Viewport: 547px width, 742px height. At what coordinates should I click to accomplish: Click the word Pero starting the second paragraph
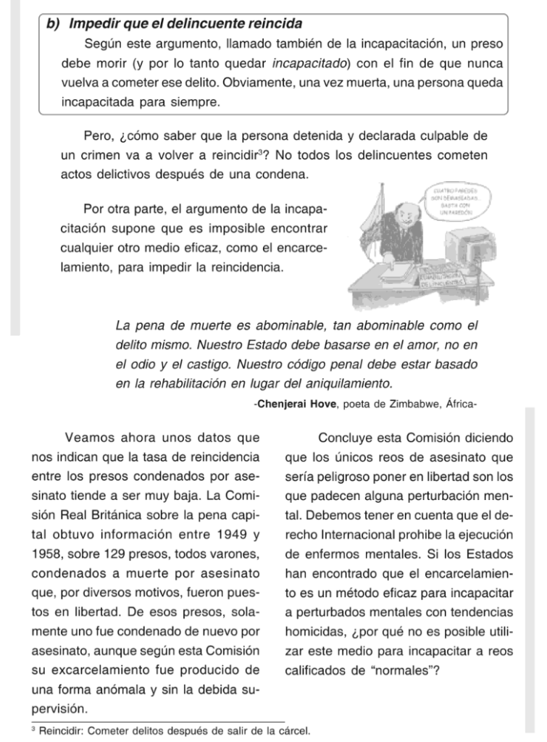(99, 136)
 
